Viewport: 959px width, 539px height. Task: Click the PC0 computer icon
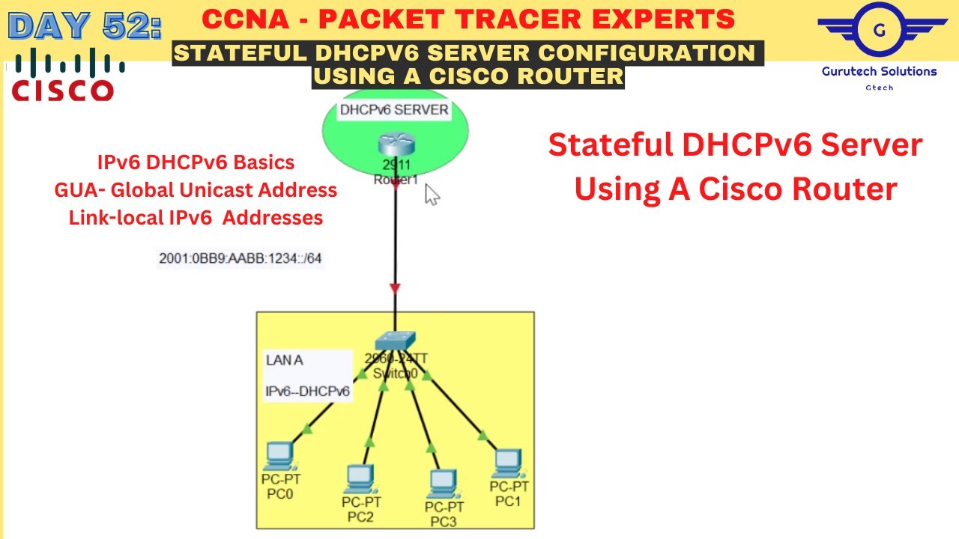(279, 454)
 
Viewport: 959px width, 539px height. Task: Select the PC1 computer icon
(508, 462)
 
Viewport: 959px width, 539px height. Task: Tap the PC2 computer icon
(360, 478)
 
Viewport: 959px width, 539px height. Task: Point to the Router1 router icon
(391, 143)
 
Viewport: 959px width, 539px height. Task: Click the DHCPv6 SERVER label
(394, 110)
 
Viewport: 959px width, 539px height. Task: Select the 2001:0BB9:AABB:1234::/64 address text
(240, 258)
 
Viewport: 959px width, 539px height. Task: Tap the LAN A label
(285, 360)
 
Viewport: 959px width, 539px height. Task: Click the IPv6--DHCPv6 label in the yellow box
(307, 391)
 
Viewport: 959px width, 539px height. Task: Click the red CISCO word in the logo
(63, 91)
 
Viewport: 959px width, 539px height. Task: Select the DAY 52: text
(85, 26)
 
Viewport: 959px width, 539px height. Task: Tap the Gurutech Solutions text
(880, 71)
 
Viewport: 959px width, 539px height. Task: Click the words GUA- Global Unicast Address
(196, 190)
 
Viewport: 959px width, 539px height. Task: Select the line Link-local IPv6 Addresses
(196, 218)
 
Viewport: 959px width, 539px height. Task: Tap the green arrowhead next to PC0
(306, 429)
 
